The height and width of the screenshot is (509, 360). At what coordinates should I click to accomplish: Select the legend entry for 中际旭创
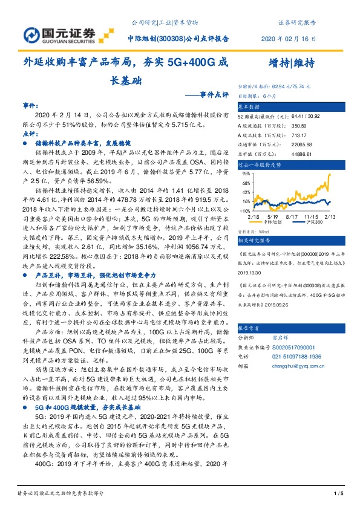(276, 222)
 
